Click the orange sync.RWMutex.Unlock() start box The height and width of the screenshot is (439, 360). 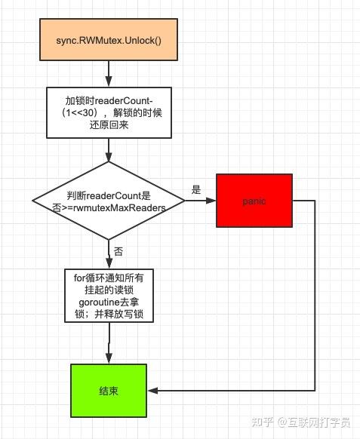click(x=109, y=39)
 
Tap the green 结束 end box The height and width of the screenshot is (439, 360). click(x=109, y=390)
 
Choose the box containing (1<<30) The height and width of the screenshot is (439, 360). click(x=109, y=112)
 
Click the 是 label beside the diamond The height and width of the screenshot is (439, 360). click(x=196, y=190)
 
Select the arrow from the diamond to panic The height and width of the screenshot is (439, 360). click(x=200, y=201)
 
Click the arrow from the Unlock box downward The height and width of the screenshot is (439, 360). click(x=109, y=73)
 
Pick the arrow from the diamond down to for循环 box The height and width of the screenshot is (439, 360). click(x=109, y=253)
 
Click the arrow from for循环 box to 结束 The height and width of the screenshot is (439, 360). click(x=109, y=343)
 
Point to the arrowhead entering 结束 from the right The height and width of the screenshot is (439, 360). click(x=153, y=390)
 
